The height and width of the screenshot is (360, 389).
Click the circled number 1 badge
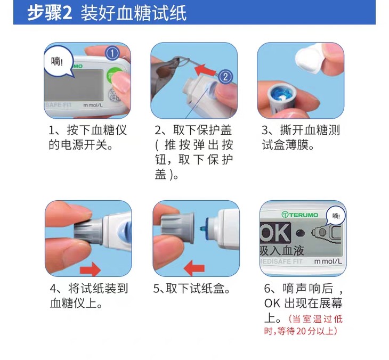click(x=112, y=53)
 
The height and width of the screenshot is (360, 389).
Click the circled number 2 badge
click(x=225, y=76)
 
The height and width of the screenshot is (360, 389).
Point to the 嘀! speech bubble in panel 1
click(x=59, y=62)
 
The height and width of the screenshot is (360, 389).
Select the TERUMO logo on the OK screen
click(x=299, y=215)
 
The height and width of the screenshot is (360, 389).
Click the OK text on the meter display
click(x=275, y=233)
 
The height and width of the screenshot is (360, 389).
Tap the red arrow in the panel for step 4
click(x=90, y=269)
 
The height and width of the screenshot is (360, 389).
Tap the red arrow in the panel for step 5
click(x=194, y=268)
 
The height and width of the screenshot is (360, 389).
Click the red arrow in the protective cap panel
click(x=205, y=70)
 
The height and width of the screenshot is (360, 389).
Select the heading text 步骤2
click(x=50, y=13)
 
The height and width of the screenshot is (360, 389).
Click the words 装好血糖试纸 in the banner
click(x=133, y=13)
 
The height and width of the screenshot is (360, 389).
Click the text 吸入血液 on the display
click(x=282, y=251)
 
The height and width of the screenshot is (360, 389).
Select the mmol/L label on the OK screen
click(x=328, y=261)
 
